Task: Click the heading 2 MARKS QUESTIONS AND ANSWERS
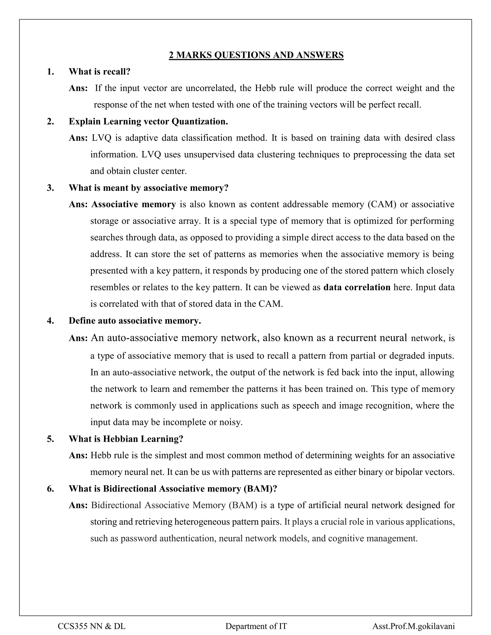click(x=256, y=55)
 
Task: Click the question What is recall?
click(x=99, y=71)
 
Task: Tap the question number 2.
click(x=50, y=121)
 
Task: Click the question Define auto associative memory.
click(x=135, y=321)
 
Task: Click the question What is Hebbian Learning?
click(x=126, y=439)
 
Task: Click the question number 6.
click(x=50, y=489)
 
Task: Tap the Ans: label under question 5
click(x=78, y=455)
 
